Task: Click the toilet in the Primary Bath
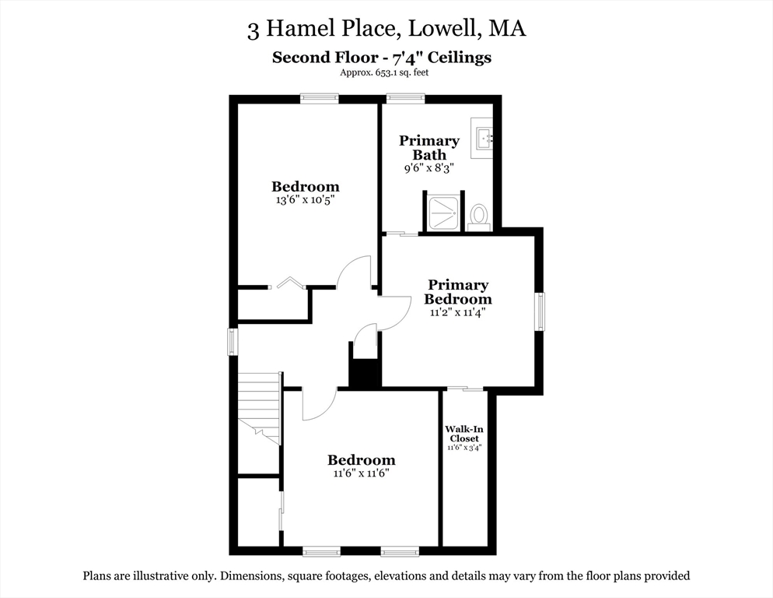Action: click(x=479, y=215)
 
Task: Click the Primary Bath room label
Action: click(x=429, y=147)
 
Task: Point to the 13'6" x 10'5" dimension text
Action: click(x=305, y=199)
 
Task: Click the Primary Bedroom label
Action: click(x=459, y=292)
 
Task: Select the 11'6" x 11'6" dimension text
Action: click(x=361, y=473)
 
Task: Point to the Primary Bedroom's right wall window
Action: click(x=539, y=311)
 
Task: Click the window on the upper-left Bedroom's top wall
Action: click(x=320, y=98)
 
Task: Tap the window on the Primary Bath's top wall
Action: click(x=406, y=98)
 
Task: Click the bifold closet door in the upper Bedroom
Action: click(x=289, y=282)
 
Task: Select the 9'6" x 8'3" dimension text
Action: click(x=428, y=167)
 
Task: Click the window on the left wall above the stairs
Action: click(x=232, y=342)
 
